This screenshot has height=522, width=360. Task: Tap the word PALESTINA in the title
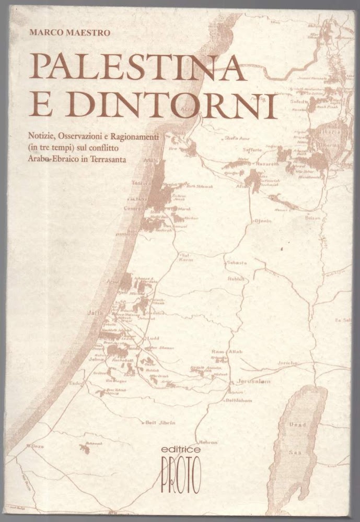click(137, 67)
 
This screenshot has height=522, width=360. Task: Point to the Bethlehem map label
click(239, 400)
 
